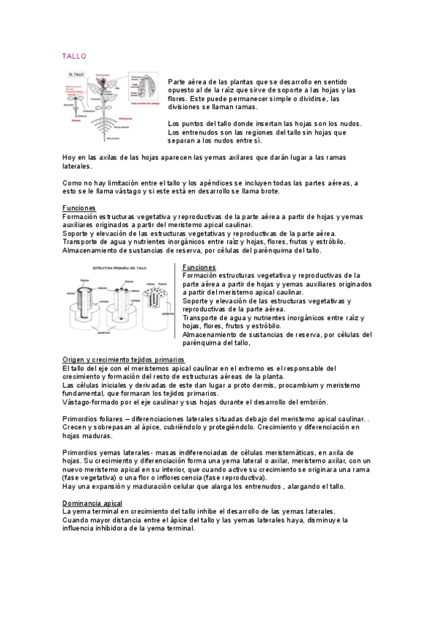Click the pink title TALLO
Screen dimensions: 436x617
tap(74, 56)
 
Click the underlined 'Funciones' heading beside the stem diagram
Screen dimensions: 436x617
tap(199, 267)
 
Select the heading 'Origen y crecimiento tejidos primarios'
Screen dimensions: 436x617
tap(124, 360)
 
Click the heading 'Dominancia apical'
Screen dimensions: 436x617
tap(92, 503)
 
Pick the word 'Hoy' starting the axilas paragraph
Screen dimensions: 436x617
tap(69, 157)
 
